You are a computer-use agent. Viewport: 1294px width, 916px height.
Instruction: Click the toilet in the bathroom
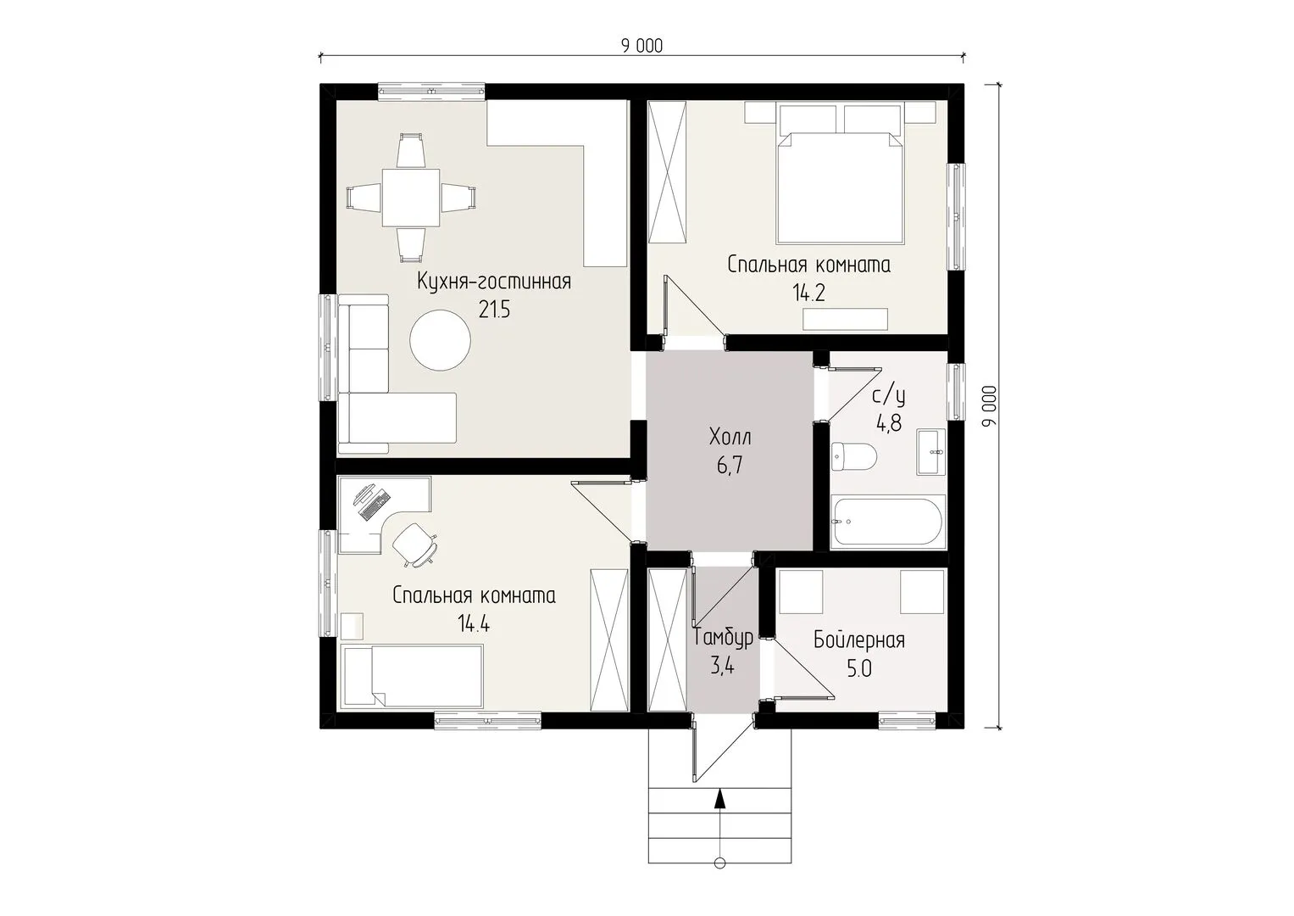point(854,457)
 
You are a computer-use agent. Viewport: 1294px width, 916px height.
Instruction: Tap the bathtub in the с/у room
point(888,522)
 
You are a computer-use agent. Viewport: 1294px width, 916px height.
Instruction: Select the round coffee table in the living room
point(440,340)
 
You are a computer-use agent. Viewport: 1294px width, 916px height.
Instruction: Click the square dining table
point(411,198)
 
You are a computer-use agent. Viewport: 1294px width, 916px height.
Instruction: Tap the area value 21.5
point(495,310)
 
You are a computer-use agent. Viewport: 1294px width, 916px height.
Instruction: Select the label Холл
point(730,438)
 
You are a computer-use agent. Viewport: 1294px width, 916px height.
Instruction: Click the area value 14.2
point(808,293)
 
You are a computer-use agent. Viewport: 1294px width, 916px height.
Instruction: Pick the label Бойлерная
point(859,640)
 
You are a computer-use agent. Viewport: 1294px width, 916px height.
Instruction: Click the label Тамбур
point(723,637)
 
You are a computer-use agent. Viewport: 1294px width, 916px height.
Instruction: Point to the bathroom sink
point(931,451)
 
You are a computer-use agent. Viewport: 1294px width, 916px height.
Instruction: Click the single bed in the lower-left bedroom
point(413,676)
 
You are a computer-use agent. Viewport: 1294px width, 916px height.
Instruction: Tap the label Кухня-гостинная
point(494,282)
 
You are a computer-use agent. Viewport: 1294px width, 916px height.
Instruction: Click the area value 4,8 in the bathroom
point(888,424)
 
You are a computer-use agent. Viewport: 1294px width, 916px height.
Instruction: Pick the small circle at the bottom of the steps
point(719,880)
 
